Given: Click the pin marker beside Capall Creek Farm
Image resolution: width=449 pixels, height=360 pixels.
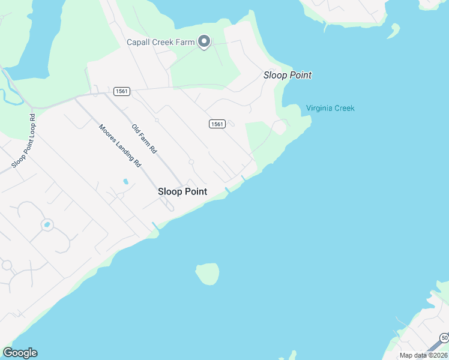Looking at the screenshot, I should pyautogui.click(x=204, y=42).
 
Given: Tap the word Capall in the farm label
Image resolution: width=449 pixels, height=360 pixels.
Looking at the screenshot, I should pyautogui.click(x=138, y=42).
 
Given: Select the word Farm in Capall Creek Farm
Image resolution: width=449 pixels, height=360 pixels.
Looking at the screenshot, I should pyautogui.click(x=185, y=42).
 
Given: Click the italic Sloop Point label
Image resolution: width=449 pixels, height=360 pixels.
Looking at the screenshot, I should pyautogui.click(x=288, y=75).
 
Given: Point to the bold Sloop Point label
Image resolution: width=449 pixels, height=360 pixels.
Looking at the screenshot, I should pyautogui.click(x=182, y=191).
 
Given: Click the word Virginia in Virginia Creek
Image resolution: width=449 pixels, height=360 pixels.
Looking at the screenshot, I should pyautogui.click(x=319, y=108).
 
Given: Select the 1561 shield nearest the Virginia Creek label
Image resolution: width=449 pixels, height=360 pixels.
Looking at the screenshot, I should pyautogui.click(x=217, y=124).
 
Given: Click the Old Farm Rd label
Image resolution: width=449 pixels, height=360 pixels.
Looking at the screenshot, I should pyautogui.click(x=144, y=137).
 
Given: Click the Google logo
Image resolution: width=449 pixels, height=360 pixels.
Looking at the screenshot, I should pyautogui.click(x=20, y=353).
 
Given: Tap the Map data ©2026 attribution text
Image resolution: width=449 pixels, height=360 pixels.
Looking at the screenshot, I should pyautogui.click(x=423, y=355).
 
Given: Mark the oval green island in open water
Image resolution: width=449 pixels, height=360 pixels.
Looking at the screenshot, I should pyautogui.click(x=207, y=274).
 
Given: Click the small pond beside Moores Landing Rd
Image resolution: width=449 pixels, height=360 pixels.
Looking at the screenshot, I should pyautogui.click(x=125, y=181).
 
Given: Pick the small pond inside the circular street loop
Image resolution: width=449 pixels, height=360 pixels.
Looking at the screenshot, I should pyautogui.click(x=46, y=225).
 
